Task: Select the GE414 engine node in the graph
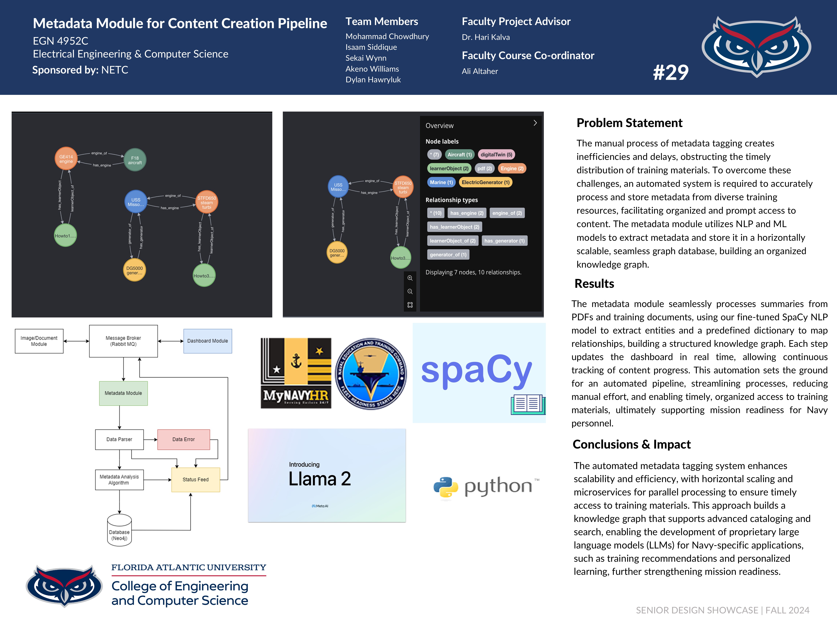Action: click(x=66, y=159)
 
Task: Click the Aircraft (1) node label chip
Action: click(x=459, y=154)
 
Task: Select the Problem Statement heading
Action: click(x=629, y=123)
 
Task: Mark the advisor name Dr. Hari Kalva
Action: click(x=486, y=37)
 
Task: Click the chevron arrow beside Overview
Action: click(x=535, y=123)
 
